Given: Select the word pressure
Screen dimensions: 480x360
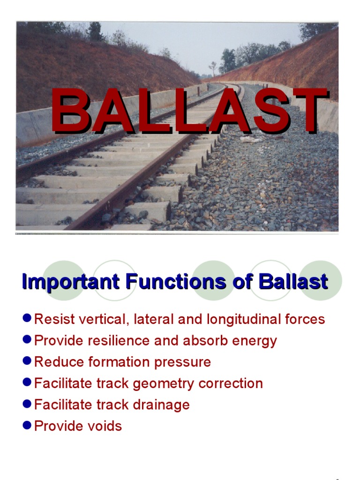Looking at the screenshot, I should (x=186, y=362).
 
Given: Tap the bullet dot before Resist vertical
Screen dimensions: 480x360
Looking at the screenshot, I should (x=27, y=319).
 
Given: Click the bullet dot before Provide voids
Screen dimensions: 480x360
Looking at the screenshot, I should (x=27, y=426).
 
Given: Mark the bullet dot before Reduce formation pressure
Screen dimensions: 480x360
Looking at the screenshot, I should (x=27, y=361).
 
